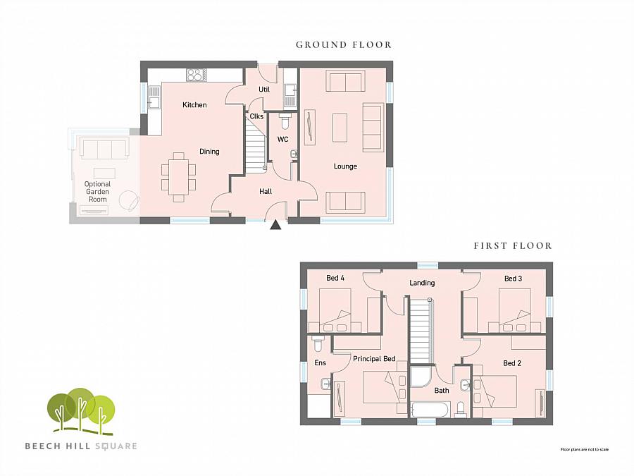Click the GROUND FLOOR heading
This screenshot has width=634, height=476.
(343, 44)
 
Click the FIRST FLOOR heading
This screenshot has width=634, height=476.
(512, 245)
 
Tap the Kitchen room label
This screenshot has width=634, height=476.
(194, 105)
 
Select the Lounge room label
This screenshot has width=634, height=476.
(345, 166)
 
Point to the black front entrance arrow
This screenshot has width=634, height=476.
(276, 225)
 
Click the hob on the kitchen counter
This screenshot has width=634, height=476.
(195, 74)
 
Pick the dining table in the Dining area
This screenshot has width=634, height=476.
(179, 177)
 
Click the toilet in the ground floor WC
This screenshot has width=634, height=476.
(285, 119)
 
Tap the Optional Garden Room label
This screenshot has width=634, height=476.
(97, 192)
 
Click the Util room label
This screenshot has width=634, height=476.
(264, 90)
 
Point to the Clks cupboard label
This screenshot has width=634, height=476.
(256, 116)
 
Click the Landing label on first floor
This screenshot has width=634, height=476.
(423, 283)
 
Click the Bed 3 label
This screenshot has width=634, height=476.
(513, 279)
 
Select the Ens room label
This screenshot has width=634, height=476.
(321, 363)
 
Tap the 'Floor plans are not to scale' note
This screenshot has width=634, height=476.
(583, 449)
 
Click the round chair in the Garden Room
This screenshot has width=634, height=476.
(128, 200)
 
